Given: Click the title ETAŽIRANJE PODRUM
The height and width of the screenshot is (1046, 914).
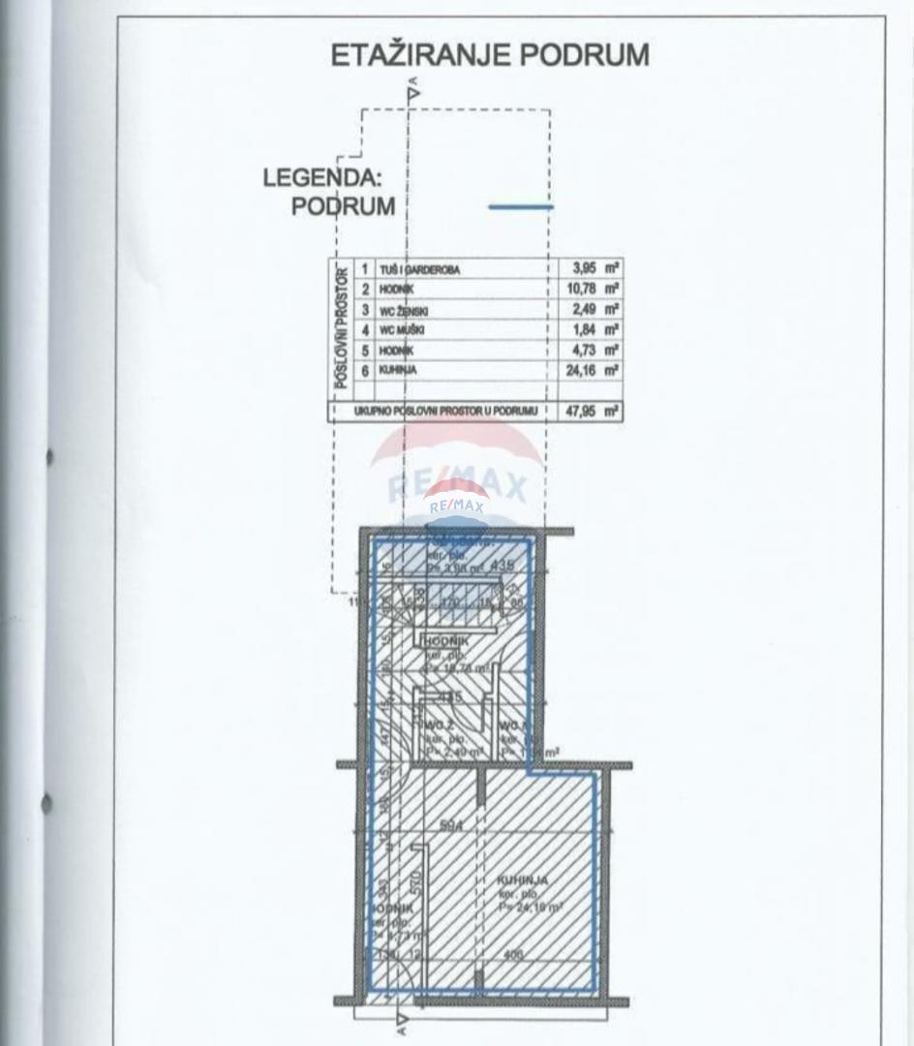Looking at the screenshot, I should coord(490,55).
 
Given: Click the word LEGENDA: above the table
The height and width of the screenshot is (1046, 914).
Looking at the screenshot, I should coord(319,179).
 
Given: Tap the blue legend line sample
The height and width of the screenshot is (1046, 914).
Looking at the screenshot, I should coord(521,206).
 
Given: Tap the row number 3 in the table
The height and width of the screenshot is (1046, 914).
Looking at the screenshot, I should coord(365,310).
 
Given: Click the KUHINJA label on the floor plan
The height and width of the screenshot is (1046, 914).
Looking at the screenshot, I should coord(523,880).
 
